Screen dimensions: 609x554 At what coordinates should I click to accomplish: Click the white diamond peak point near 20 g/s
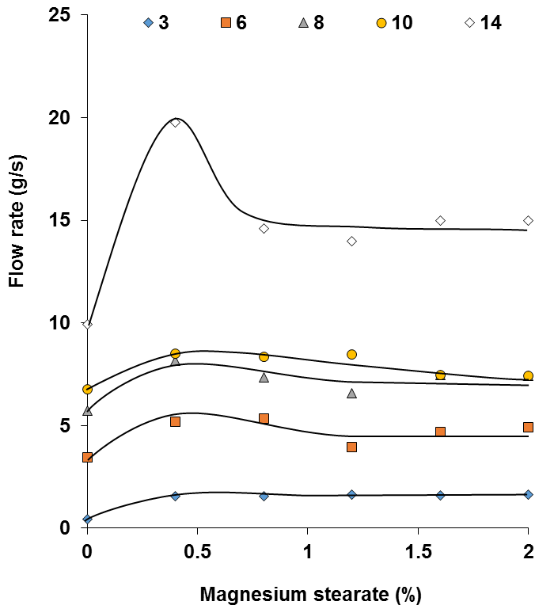176,122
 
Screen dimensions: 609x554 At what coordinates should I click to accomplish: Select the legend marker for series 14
468,23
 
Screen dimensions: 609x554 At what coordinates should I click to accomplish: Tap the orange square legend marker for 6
225,23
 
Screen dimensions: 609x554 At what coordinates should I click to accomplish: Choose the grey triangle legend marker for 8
302,23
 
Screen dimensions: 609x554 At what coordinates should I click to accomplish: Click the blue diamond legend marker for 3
147,23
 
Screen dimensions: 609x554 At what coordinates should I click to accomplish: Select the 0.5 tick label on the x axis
196,551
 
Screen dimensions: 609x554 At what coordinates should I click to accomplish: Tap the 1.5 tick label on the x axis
417,551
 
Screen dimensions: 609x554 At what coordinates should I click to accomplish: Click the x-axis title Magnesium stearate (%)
306,593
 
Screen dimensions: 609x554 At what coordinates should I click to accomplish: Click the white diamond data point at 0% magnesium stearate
87,324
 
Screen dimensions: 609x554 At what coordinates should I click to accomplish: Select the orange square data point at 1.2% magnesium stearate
351,447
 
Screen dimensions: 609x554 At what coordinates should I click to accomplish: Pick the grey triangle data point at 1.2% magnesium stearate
351,394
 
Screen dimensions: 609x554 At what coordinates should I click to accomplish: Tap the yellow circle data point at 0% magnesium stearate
87,390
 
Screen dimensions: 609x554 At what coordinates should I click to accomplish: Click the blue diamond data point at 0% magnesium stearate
87,519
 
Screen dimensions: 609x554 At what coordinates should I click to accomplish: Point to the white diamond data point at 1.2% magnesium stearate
351,241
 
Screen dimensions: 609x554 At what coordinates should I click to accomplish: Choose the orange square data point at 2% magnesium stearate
528,427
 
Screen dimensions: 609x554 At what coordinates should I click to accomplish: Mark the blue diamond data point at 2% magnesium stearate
528,494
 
